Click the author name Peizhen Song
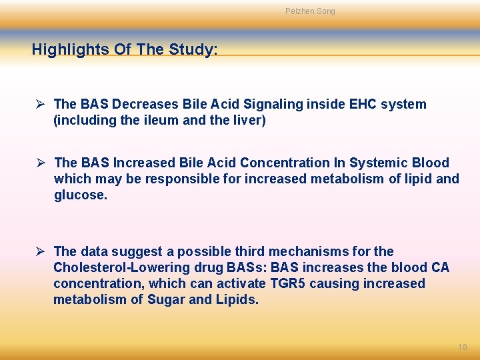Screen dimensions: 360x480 [x=310, y=11]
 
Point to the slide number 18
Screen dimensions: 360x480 [x=463, y=347]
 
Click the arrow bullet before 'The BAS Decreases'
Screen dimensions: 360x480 [x=41, y=104]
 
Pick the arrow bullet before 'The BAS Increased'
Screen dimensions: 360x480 [x=41, y=163]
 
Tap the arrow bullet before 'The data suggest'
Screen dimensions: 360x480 [x=41, y=251]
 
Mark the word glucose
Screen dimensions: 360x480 [x=81, y=195]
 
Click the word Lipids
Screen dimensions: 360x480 [x=236, y=299]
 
